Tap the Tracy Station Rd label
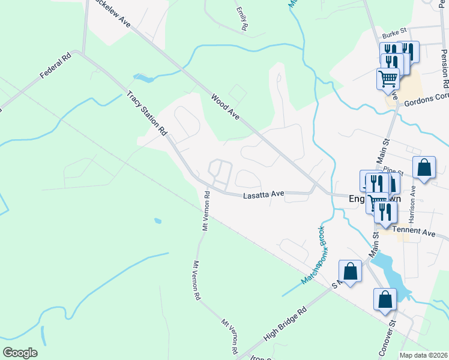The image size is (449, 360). [x=146, y=113]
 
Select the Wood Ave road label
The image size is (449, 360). [x=225, y=106]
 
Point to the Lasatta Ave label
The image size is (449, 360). [x=263, y=194]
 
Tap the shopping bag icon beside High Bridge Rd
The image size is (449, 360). [x=351, y=271]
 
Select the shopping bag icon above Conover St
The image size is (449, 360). [x=385, y=300]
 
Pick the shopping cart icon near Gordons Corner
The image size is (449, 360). [x=388, y=78]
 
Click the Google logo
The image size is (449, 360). [x=20, y=353]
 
